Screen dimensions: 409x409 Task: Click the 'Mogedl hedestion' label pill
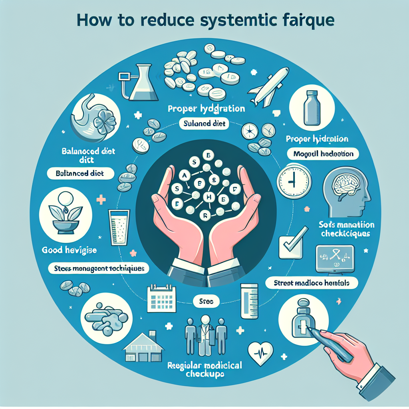pos(324,153)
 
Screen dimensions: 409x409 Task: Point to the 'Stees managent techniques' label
pos(99,269)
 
